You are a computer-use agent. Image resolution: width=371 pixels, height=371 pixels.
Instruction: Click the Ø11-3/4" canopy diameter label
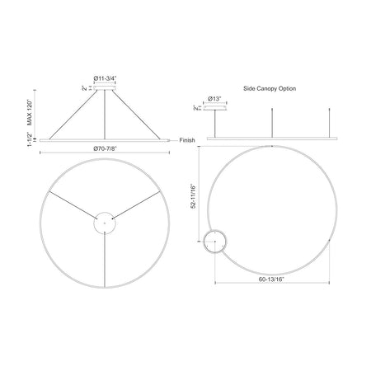[105, 78]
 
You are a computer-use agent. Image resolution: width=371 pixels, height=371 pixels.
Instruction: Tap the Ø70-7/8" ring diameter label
[105, 148]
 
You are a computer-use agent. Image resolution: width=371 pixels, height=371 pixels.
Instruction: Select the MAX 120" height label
[30, 112]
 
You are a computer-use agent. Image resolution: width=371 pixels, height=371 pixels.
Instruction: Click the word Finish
[187, 140]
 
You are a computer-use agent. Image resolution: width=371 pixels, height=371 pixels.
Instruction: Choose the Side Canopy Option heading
[270, 88]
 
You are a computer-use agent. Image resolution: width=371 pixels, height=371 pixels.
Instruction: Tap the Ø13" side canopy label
[214, 98]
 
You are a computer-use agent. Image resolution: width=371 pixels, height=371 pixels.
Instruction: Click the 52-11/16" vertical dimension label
[194, 196]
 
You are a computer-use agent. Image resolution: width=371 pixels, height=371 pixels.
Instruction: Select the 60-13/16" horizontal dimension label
[271, 279]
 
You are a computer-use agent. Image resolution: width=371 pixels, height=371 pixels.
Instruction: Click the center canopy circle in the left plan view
[105, 212]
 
